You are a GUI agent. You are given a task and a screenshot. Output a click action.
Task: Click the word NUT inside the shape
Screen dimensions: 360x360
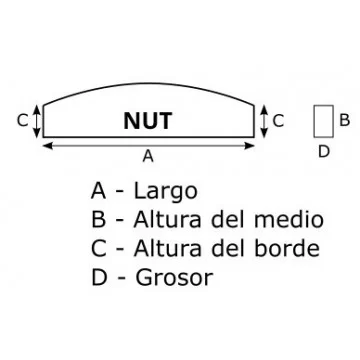(x=148, y=121)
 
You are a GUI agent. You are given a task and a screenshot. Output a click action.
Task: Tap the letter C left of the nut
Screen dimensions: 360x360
(x=22, y=120)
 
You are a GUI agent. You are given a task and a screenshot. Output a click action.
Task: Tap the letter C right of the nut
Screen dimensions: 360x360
(x=278, y=120)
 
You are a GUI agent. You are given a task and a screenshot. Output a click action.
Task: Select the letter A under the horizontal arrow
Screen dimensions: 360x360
(x=148, y=156)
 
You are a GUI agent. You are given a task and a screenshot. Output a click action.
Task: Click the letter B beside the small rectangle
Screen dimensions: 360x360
(x=343, y=120)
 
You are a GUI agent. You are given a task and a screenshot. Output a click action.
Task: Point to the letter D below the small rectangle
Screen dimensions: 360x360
(x=322, y=152)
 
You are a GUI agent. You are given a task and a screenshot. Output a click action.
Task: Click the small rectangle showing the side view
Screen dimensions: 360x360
(x=322, y=121)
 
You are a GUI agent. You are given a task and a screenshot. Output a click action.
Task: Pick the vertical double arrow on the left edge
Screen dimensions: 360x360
(x=38, y=120)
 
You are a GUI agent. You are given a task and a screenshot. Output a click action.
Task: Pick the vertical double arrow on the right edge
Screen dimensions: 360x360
(x=263, y=120)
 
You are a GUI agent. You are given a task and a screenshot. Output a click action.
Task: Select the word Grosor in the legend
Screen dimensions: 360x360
(x=173, y=277)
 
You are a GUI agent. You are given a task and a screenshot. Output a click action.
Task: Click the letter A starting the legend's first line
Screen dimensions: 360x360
(x=98, y=191)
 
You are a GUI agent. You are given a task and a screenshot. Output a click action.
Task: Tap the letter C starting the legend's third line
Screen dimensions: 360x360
(x=98, y=248)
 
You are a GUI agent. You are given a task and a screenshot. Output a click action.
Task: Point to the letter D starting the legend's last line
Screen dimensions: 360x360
(x=98, y=277)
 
